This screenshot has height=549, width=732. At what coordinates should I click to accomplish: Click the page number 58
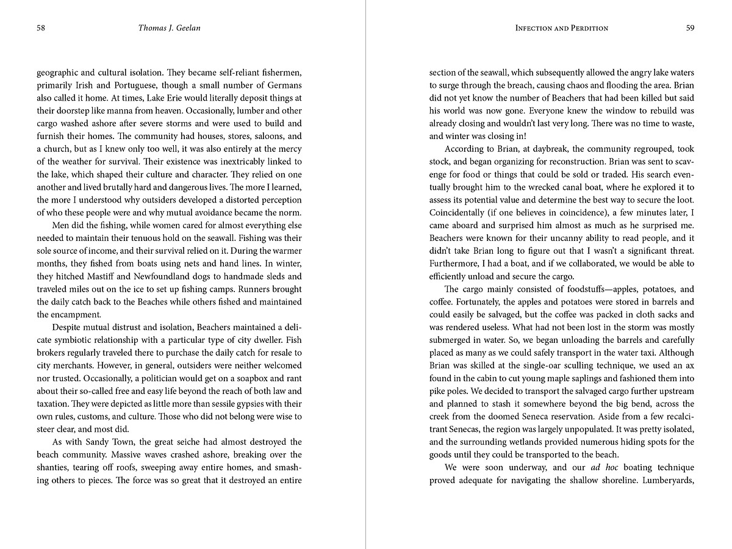41,27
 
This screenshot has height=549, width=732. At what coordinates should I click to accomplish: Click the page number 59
690,27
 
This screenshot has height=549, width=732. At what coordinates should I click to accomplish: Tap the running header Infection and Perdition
561,27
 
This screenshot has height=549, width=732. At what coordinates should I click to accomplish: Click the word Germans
282,85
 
